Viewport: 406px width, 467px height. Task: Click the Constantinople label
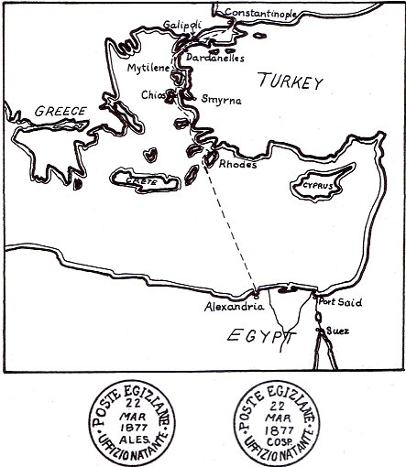pyautogui.click(x=260, y=13)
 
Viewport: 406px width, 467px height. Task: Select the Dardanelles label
pyautogui.click(x=215, y=58)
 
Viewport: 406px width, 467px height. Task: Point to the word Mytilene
pyautogui.click(x=148, y=68)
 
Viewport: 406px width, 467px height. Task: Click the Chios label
pyautogui.click(x=153, y=95)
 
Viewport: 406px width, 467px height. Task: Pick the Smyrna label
pyautogui.click(x=221, y=100)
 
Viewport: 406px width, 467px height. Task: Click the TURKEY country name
pyautogui.click(x=291, y=81)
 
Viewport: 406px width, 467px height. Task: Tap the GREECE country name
pyautogui.click(x=60, y=111)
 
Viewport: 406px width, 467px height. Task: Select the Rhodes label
pyautogui.click(x=238, y=164)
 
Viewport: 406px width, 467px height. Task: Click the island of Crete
pyautogui.click(x=145, y=180)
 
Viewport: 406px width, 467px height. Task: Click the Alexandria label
pyautogui.click(x=234, y=306)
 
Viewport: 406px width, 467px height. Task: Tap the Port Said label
pyautogui.click(x=340, y=302)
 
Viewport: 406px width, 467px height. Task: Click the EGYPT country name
pyautogui.click(x=261, y=336)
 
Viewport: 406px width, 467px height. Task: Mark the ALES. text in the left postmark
pyautogui.click(x=135, y=440)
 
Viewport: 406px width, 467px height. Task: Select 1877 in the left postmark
pyautogui.click(x=135, y=428)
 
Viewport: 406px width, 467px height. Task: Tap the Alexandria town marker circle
pyautogui.click(x=256, y=295)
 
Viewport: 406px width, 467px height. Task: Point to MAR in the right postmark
pyautogui.click(x=278, y=418)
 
